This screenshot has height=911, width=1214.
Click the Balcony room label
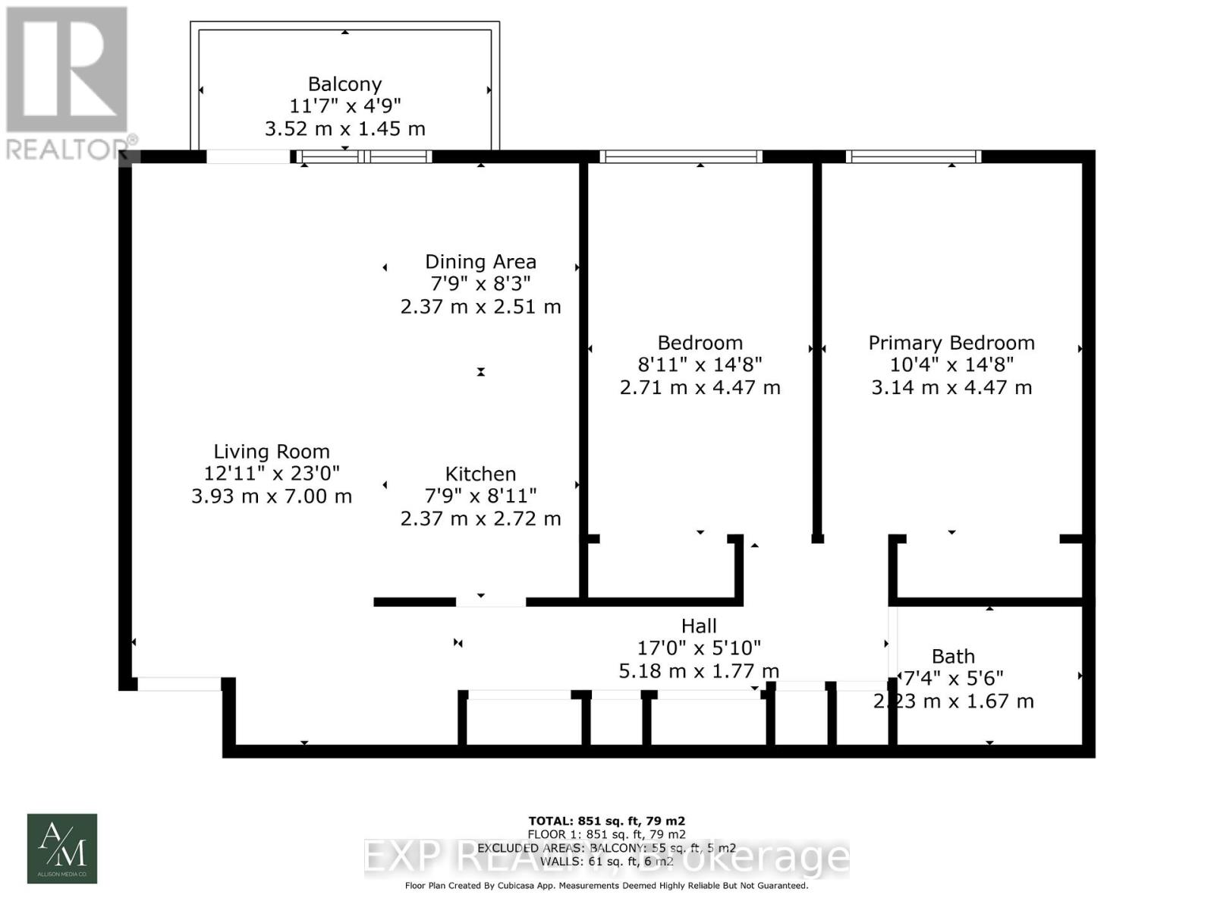click(x=344, y=84)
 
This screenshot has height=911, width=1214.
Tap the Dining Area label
click(x=480, y=262)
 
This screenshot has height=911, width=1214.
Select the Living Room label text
click(x=271, y=452)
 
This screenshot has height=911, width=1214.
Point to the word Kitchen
click(x=480, y=474)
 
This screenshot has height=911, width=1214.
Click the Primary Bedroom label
click(x=951, y=343)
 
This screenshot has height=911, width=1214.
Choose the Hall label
click(x=699, y=626)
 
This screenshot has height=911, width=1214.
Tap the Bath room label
click(x=953, y=657)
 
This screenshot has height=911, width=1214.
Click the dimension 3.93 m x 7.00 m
click(x=271, y=496)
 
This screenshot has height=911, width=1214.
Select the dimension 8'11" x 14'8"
click(x=700, y=365)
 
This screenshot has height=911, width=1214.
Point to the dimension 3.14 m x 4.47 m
click(x=951, y=387)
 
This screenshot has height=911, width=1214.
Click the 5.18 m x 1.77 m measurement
click(x=699, y=671)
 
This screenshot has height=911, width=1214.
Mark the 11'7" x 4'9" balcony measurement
click(x=344, y=106)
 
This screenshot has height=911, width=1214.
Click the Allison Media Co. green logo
click(x=62, y=849)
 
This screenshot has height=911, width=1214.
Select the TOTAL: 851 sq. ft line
click(x=606, y=821)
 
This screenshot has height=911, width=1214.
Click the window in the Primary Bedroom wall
click(x=914, y=157)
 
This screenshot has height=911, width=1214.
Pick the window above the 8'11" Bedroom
click(x=681, y=157)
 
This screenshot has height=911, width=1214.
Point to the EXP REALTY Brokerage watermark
click(x=606, y=858)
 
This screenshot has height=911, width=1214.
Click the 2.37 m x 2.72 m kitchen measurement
click(x=480, y=519)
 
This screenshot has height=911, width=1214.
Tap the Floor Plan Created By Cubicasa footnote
click(x=606, y=885)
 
